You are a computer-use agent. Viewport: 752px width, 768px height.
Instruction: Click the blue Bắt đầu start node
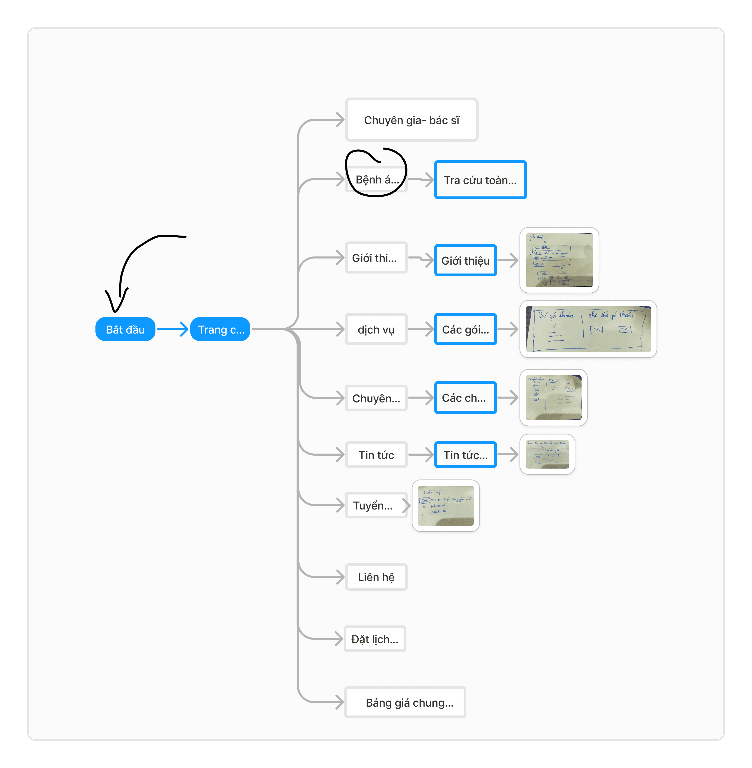click(125, 329)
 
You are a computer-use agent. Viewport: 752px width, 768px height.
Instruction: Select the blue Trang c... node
click(220, 329)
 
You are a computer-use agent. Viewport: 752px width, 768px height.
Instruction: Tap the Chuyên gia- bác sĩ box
click(412, 120)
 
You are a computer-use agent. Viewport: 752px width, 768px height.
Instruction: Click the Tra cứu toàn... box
click(480, 180)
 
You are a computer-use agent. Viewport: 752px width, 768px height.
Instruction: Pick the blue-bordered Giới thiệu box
click(465, 260)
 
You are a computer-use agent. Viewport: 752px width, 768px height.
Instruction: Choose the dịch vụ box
click(376, 329)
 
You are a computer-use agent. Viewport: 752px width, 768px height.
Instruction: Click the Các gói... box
click(465, 329)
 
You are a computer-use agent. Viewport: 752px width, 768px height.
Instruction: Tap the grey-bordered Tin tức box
click(376, 455)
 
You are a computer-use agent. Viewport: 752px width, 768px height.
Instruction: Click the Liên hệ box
click(376, 577)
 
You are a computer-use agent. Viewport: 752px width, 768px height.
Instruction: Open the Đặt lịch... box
click(375, 639)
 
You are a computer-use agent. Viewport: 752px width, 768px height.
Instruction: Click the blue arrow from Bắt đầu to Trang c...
click(172, 329)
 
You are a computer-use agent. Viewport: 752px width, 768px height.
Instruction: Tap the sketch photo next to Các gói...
click(588, 329)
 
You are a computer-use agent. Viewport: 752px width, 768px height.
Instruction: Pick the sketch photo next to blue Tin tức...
click(547, 454)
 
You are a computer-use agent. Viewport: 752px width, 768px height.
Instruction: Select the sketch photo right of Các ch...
click(553, 397)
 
